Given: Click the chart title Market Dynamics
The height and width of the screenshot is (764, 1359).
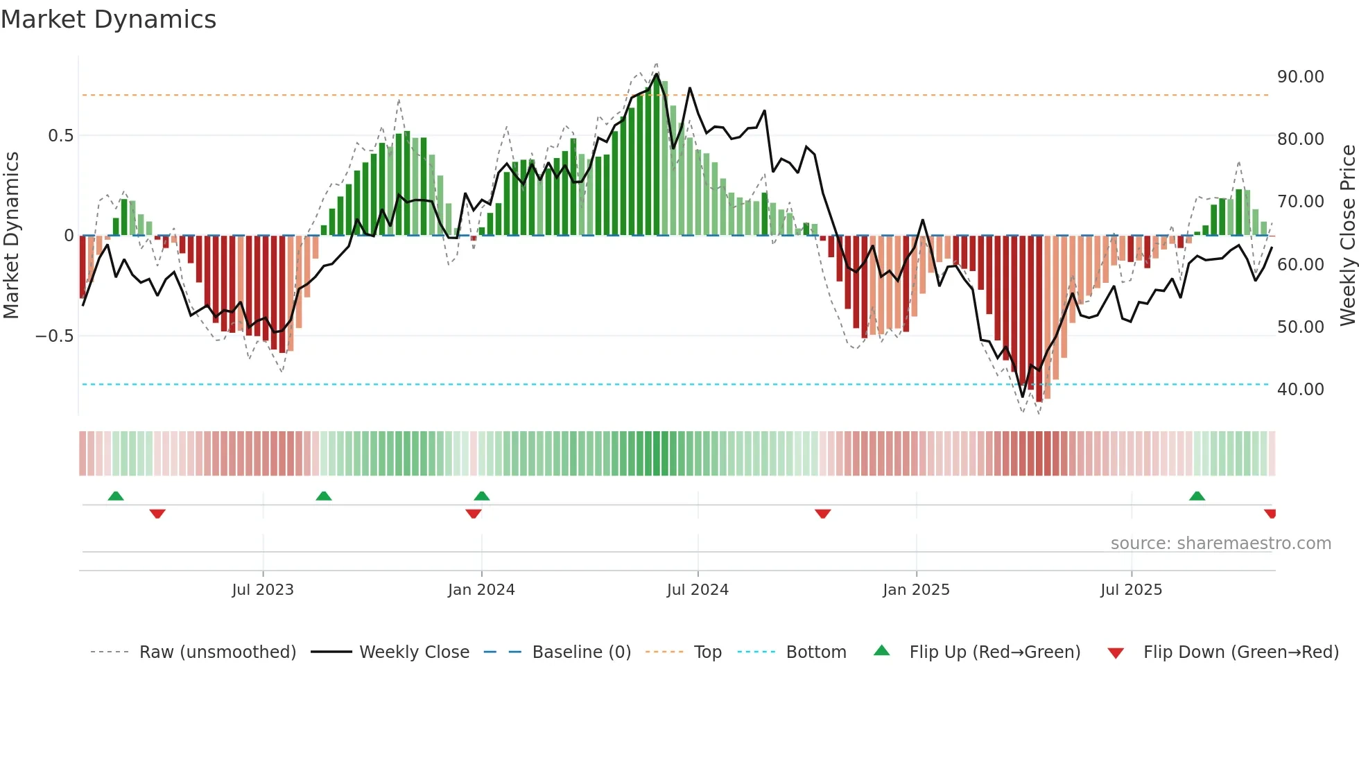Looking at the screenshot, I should (108, 19).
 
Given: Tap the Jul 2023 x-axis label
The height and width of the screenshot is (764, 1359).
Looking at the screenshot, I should (263, 590).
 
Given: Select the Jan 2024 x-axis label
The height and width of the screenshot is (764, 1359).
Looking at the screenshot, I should (481, 590).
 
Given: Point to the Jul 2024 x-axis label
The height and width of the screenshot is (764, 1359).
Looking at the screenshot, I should (698, 590).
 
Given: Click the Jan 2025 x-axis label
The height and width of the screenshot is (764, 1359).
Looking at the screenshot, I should (916, 590).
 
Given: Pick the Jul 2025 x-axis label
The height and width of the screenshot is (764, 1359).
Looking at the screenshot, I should (1131, 590).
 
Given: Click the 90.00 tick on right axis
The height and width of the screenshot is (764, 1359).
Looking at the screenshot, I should (1300, 77).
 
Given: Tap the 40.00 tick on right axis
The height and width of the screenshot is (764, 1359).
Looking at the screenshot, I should (1300, 390).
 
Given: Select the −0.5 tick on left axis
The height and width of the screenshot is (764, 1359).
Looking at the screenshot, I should (54, 336).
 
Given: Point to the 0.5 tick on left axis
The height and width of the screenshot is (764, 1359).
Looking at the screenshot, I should (60, 136).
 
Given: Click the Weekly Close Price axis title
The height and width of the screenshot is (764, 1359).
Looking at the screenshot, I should (1347, 235).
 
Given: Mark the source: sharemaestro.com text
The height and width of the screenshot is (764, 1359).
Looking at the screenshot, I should (1220, 544).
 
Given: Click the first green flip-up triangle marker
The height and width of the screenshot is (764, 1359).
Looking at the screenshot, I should (116, 496).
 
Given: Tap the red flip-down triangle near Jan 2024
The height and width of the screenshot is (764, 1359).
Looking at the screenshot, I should (474, 514).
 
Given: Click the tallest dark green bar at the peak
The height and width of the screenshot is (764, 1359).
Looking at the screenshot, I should (657, 156).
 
